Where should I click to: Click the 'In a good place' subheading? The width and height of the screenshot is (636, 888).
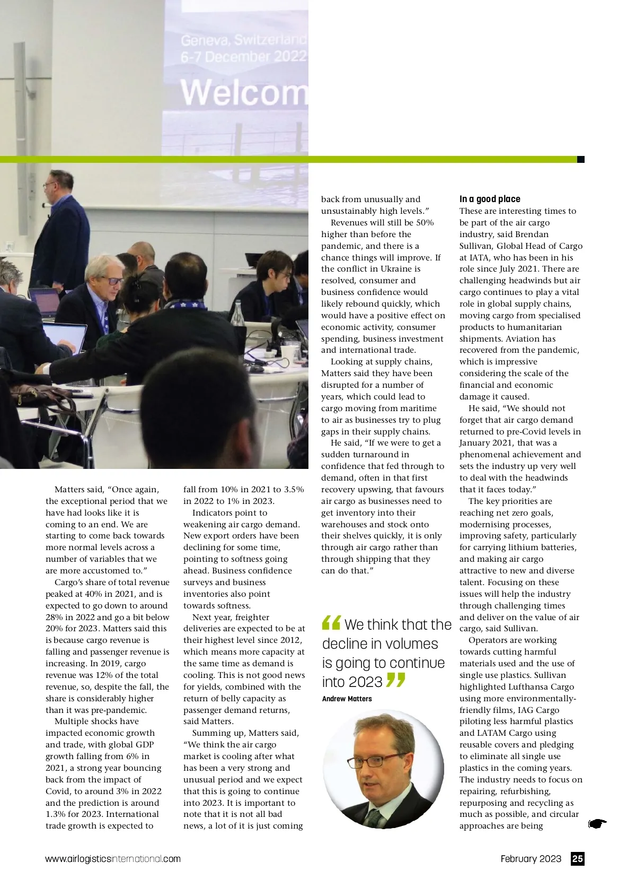(x=490, y=199)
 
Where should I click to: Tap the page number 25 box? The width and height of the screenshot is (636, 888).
(x=577, y=858)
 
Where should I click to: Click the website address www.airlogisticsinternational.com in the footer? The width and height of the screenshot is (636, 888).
(x=113, y=859)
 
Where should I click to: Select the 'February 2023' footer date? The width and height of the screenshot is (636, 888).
(x=531, y=859)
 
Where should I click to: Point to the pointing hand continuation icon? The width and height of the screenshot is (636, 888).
(x=597, y=823)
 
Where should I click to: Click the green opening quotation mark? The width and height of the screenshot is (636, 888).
(x=331, y=622)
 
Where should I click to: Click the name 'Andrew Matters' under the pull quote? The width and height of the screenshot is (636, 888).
(x=347, y=699)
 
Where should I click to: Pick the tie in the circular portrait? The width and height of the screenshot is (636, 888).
(x=374, y=817)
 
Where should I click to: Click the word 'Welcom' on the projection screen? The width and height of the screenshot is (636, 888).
(x=244, y=92)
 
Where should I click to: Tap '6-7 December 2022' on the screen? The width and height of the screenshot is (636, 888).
(x=243, y=57)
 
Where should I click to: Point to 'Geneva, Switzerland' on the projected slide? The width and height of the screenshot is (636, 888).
(x=243, y=40)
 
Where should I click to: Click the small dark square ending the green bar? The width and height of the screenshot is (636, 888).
(x=580, y=159)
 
